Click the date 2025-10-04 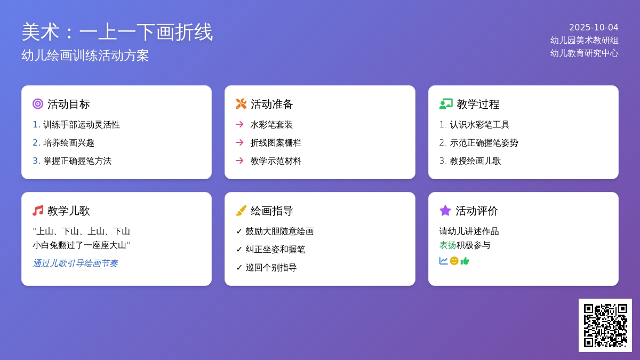(594, 27)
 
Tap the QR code (605, 325)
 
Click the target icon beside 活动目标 (38, 104)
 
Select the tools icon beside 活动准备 (241, 104)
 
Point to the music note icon (38, 211)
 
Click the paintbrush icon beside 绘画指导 (241, 211)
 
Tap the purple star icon (445, 211)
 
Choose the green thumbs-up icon (465, 261)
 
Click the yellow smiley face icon (454, 261)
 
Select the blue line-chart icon (443, 261)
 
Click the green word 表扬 (447, 245)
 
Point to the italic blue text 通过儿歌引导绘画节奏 (75, 263)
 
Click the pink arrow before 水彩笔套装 (239, 124)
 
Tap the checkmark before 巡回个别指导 (239, 267)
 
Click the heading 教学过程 (478, 105)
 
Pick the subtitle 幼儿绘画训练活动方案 (85, 55)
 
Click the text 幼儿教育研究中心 (585, 53)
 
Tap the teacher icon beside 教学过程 (446, 104)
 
